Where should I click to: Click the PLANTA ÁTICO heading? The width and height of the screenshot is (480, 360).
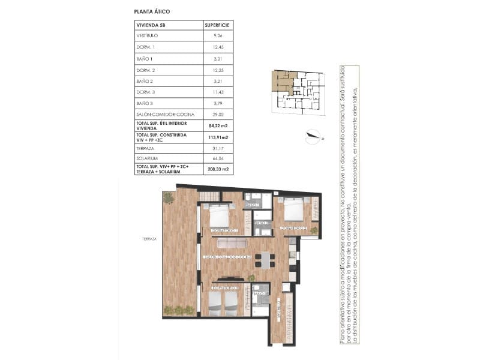coord(152,11)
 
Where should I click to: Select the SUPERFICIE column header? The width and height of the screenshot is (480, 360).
coord(217,26)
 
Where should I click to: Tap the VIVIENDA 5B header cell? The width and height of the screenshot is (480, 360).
coord(151,26)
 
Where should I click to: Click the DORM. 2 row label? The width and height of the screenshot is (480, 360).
coord(146,70)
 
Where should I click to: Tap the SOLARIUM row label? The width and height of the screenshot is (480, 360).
coord(148,158)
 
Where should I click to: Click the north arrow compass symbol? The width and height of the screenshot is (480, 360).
coord(312,136)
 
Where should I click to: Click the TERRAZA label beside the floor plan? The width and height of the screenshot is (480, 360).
coord(149,239)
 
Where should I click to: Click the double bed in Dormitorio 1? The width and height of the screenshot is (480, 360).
coord(218,215)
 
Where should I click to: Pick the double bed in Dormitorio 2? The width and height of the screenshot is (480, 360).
coord(293,209)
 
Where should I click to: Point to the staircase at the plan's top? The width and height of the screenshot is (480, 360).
coord(209,197)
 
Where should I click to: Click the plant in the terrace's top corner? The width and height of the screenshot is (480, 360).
coord(169,197)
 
